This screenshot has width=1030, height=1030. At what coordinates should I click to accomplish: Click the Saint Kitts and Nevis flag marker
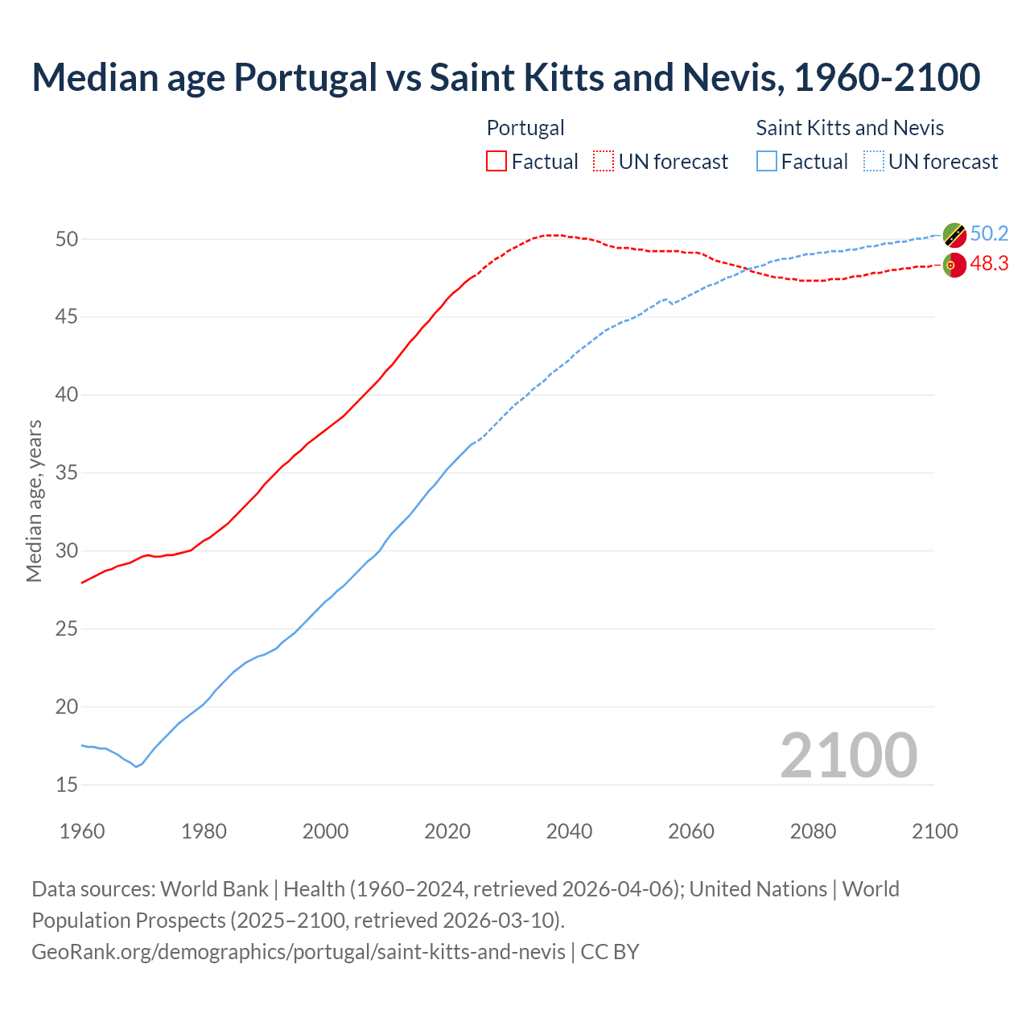tap(954, 235)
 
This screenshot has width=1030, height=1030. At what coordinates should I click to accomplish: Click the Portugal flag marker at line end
tap(954, 265)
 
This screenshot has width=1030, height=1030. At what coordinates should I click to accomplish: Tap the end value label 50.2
tap(989, 234)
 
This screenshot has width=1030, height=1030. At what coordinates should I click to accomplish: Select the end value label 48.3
tap(989, 264)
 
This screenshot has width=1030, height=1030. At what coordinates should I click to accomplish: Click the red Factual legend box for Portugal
tap(496, 162)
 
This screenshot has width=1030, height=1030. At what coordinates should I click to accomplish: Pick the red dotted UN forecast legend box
tap(604, 162)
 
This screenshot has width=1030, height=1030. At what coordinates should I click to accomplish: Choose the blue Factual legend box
tap(767, 162)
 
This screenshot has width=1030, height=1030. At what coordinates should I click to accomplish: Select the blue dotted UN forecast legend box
tap(873, 162)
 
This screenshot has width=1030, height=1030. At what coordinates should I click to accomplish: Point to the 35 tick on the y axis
tap(67, 472)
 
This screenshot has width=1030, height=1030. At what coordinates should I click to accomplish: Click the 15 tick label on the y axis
tap(67, 785)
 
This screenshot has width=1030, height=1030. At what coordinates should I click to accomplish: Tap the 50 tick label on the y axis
tap(67, 239)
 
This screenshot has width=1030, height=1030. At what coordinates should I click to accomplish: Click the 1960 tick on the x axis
tap(82, 831)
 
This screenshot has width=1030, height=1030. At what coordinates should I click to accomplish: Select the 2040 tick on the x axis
tap(569, 831)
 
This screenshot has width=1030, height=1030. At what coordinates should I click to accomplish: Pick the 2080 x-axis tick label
tap(813, 831)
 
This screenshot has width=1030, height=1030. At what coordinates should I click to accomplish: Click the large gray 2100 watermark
tap(848, 755)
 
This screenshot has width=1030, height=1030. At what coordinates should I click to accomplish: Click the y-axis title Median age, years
tap(34, 501)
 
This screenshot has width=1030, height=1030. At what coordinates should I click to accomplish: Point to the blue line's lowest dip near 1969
tap(136, 766)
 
